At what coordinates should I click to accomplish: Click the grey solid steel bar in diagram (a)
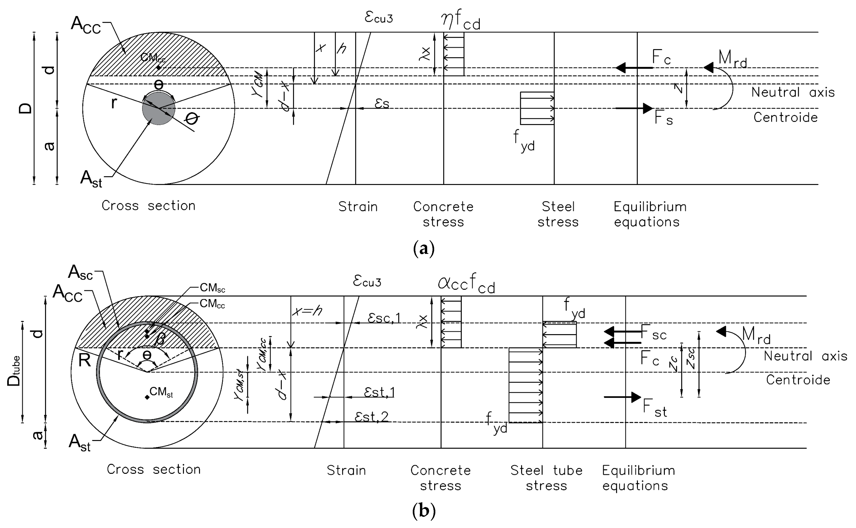pos(158,109)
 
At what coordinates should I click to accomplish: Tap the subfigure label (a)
pos(424,249)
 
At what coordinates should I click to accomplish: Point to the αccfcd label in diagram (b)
pos(466,284)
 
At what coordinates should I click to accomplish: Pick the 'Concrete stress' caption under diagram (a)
pos(443,214)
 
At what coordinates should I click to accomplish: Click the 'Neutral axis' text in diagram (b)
pos(805,356)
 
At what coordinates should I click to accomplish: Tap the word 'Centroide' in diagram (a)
pos(786,117)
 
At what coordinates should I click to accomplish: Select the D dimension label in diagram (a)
pos(25,109)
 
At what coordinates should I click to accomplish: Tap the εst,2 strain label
pos(371,417)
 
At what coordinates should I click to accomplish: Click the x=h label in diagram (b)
pos(307,310)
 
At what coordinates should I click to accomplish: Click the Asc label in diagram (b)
pos(81,272)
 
